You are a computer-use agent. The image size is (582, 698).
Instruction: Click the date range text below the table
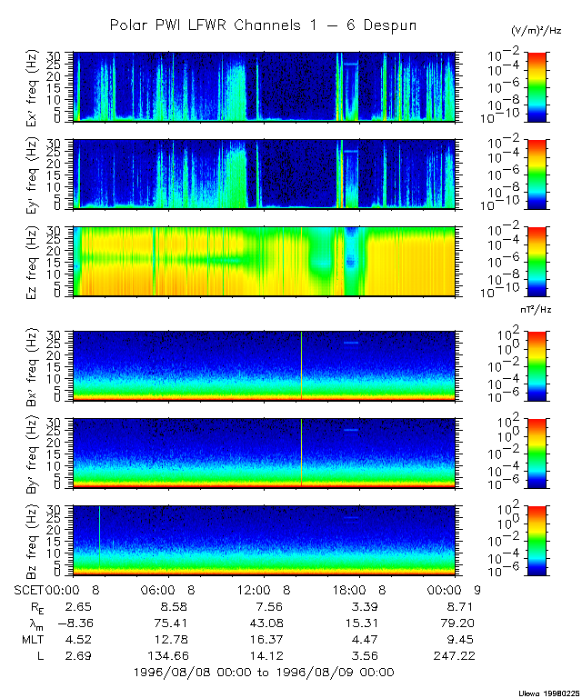(263, 673)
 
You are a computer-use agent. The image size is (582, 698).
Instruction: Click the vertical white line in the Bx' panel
(301, 364)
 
